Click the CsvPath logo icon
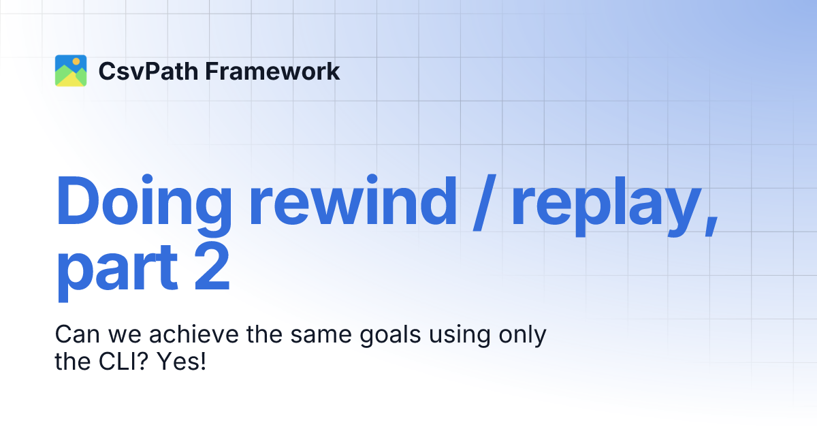tap(71, 71)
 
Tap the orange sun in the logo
tap(76, 61)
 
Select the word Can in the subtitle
tap(75, 336)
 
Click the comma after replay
tap(709, 225)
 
